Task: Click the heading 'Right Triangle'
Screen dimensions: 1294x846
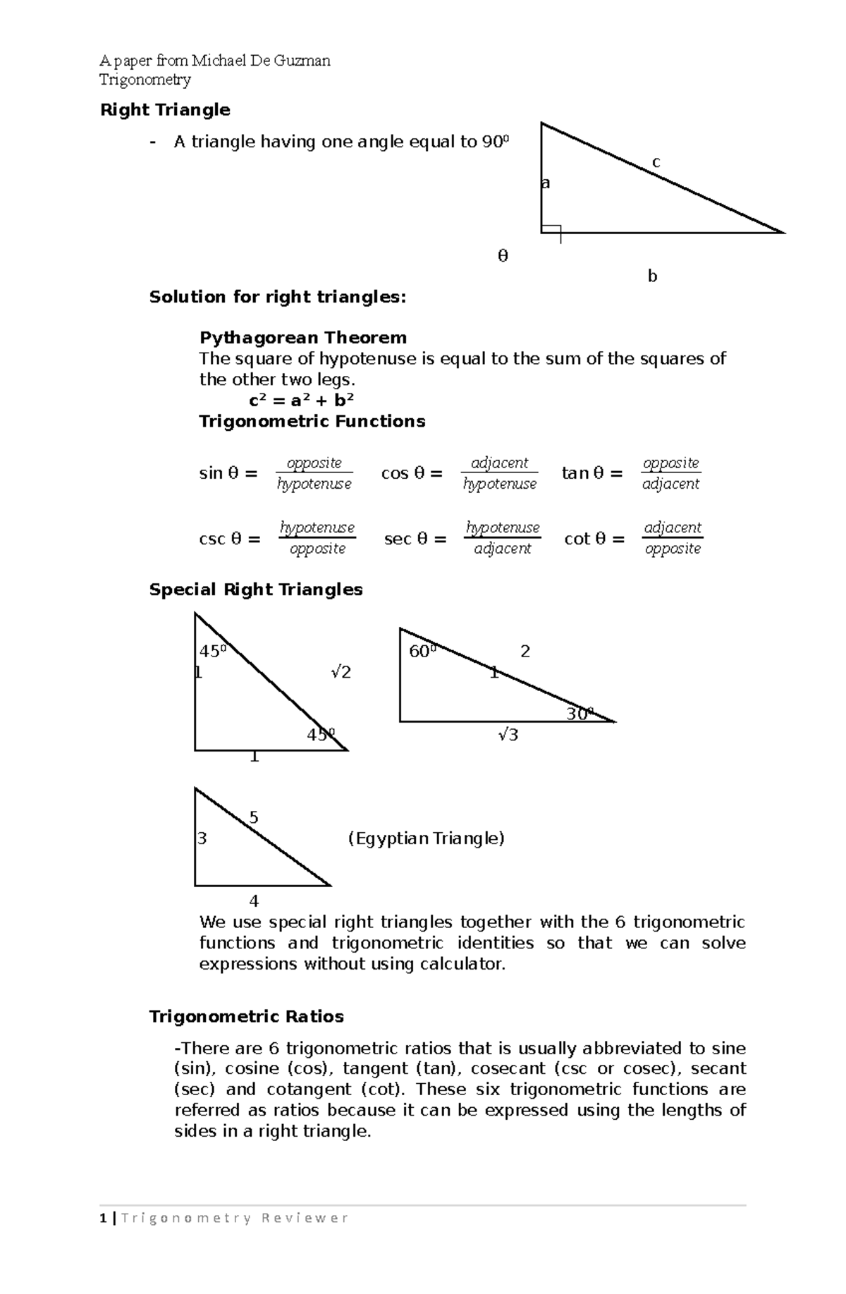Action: [165, 110]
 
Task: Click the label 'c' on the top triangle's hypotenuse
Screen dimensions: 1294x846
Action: [656, 162]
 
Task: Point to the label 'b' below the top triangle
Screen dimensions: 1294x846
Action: [652, 276]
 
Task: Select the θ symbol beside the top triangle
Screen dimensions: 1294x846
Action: [503, 256]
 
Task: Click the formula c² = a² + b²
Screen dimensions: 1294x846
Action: [301, 401]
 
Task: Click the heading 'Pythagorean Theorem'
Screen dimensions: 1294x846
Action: [303, 338]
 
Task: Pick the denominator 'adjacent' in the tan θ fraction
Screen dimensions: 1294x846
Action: [670, 484]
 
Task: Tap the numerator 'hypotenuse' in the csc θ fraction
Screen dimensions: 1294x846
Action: [317, 527]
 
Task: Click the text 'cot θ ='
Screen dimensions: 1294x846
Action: [594, 539]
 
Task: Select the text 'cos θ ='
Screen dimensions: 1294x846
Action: [412, 473]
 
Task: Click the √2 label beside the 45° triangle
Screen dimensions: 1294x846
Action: [341, 672]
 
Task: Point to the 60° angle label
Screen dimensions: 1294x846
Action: [422, 651]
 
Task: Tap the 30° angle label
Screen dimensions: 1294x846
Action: [580, 714]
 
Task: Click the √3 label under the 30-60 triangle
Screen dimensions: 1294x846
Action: [508, 735]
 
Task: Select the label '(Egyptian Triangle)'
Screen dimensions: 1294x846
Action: [427, 838]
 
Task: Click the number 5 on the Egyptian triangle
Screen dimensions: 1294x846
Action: [254, 818]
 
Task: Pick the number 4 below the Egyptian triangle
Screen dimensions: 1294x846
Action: [254, 901]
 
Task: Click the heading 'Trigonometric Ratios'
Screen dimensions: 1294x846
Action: [247, 1017]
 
